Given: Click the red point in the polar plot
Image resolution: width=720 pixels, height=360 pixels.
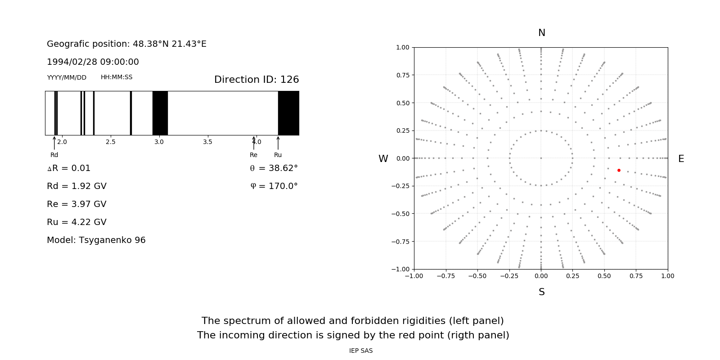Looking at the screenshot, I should click(x=619, y=170).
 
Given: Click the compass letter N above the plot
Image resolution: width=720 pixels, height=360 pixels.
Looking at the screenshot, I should click(x=542, y=33).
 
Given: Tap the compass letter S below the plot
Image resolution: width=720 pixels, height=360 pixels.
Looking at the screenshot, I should click(x=542, y=292).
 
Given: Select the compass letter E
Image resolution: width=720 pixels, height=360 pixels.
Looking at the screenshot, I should click(x=681, y=159).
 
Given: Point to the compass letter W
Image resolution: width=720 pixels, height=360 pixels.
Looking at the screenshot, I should click(x=383, y=159).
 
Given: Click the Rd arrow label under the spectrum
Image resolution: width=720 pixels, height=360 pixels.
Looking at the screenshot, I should click(x=54, y=155).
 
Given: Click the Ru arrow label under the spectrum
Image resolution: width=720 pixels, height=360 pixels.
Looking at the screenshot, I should click(x=278, y=155).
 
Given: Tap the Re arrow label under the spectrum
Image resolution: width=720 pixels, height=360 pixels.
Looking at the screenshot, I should click(x=253, y=155).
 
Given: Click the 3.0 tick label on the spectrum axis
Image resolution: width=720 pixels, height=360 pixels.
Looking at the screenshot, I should click(x=159, y=142).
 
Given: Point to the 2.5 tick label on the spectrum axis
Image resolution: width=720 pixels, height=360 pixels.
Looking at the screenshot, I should click(x=110, y=142).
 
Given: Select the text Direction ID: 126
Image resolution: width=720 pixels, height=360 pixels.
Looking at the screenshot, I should click(x=256, y=80).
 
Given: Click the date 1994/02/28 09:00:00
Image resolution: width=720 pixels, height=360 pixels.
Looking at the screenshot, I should click(x=93, y=62).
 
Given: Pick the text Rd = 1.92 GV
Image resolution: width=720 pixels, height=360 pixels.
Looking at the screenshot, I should click(x=76, y=186).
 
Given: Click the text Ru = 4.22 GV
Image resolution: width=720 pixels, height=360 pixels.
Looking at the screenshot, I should click(x=76, y=222).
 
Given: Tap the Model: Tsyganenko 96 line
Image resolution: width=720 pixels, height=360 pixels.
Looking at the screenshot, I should click(x=96, y=240).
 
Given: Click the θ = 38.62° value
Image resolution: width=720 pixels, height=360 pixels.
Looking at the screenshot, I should click(x=274, y=168).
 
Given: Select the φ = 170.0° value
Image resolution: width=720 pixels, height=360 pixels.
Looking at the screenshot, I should click(x=274, y=186).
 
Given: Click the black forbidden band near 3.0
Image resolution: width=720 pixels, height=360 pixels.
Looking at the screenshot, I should click(x=160, y=113).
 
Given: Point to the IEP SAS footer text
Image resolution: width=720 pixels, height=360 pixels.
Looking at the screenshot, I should click(x=360, y=351).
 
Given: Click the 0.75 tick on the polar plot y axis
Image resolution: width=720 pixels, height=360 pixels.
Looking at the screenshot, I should click(x=402, y=75).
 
